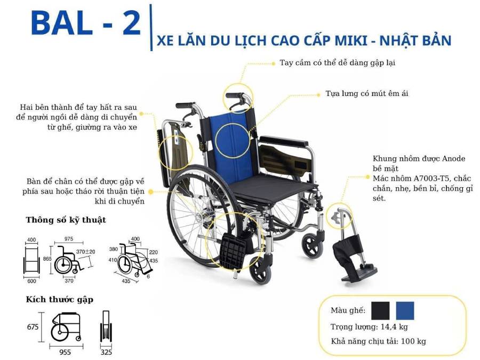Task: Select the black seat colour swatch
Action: pyautogui.click(x=381, y=310)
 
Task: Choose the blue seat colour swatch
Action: pyautogui.click(x=405, y=310)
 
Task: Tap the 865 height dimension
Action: pyautogui.click(x=47, y=258)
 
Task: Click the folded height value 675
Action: pyautogui.click(x=33, y=327)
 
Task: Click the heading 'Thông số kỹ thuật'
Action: pyautogui.click(x=66, y=220)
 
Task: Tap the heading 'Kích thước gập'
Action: pyautogui.click(x=59, y=299)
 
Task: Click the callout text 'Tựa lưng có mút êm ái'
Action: pyautogui.click(x=367, y=93)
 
